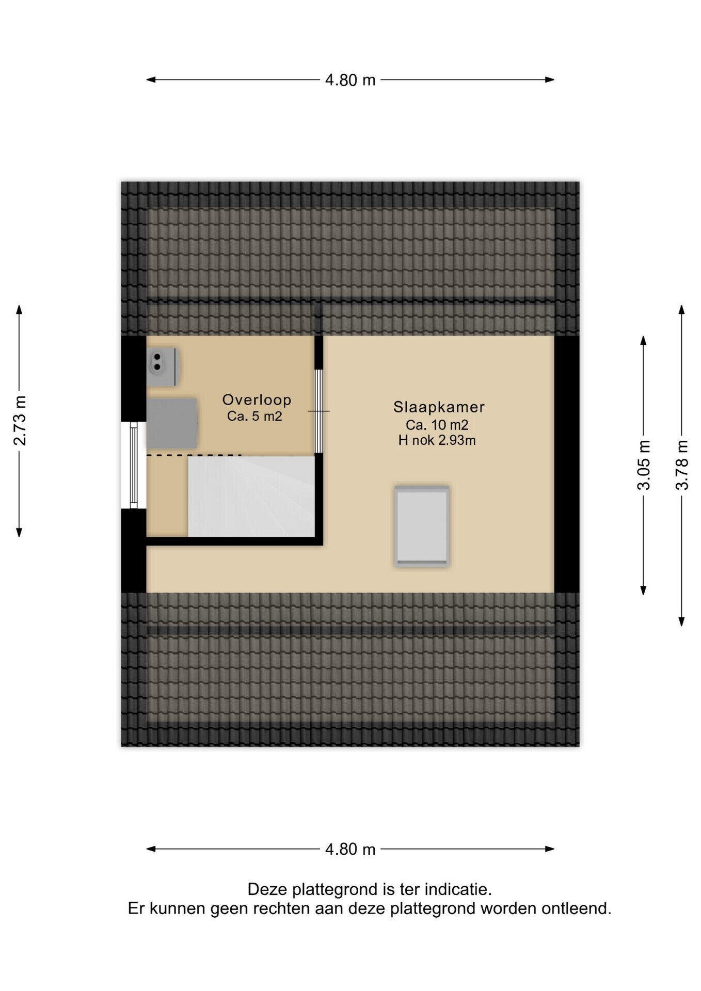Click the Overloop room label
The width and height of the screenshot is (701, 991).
point(257,399)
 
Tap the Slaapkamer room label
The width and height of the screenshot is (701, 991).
point(439,407)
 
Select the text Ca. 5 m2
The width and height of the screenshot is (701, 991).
point(254,416)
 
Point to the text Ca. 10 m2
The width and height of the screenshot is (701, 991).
point(437,425)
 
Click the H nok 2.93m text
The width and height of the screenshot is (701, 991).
point(437,440)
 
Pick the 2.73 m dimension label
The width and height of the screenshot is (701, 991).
point(20,421)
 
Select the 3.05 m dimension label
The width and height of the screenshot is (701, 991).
point(644,465)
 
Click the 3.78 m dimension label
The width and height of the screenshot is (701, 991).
point(682,465)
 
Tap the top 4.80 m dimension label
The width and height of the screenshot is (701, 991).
point(350,80)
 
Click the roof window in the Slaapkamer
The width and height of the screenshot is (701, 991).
point(422,526)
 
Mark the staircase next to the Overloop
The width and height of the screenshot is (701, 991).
point(251,497)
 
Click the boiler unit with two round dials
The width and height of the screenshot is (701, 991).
point(163,367)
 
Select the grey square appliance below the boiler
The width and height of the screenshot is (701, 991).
point(172,423)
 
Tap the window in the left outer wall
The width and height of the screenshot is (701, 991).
point(134,465)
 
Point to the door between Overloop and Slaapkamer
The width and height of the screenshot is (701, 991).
point(319,411)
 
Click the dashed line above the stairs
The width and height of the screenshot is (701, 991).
point(194,455)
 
